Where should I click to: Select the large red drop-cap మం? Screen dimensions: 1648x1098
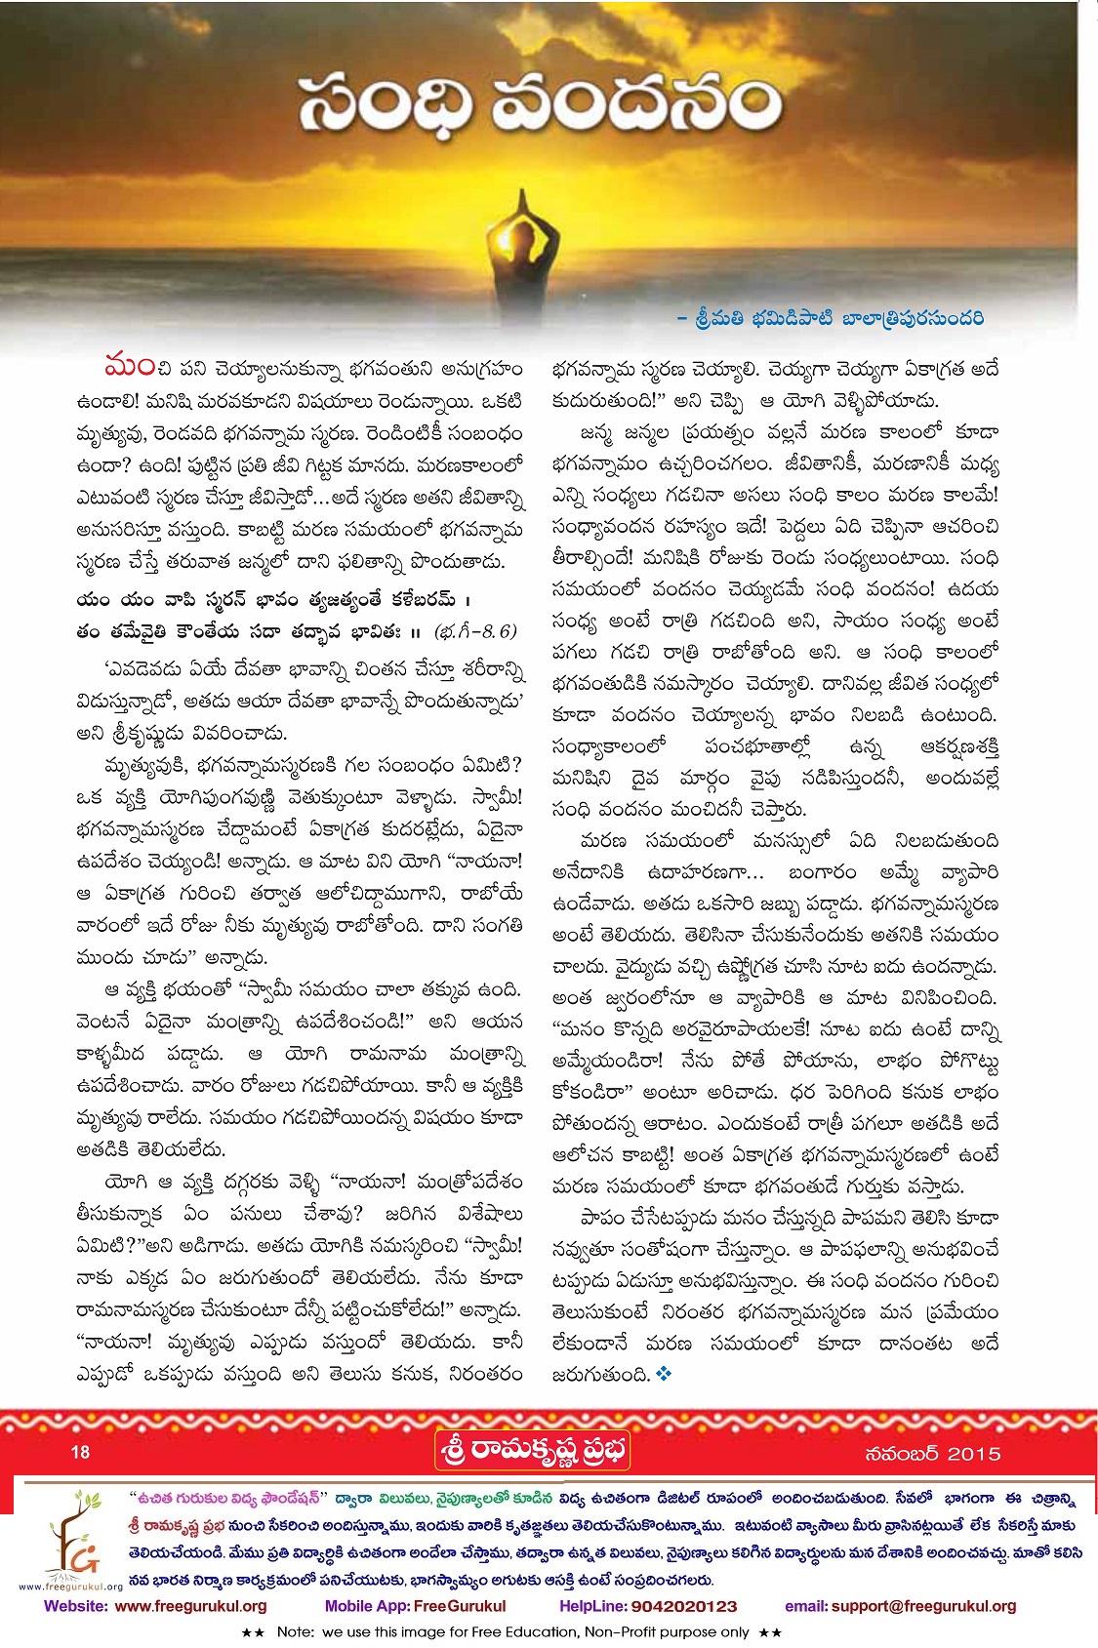(x=129, y=368)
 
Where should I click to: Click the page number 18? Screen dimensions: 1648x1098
(x=80, y=1452)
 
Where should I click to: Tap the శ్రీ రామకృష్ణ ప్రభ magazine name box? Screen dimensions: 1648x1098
(x=533, y=1451)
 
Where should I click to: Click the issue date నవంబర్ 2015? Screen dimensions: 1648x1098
(x=932, y=1453)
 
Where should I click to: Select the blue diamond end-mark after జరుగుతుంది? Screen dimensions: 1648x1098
(x=665, y=1374)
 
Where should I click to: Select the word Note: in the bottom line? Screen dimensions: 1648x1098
(x=295, y=1631)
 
